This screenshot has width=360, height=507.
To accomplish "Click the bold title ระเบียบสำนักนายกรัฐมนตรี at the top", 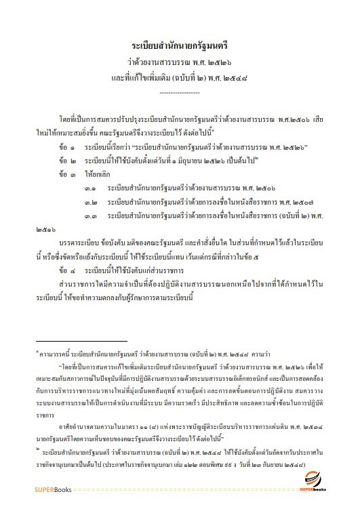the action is (180, 45).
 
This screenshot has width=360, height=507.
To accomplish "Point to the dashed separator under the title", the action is (179, 91).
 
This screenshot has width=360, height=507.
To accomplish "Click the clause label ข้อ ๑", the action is (66, 146).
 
